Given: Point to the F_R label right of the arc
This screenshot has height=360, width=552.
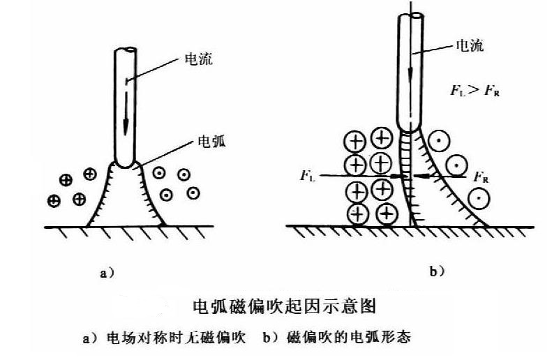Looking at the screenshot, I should click(479, 178).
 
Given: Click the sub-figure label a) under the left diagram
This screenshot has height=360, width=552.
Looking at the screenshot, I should click(106, 273).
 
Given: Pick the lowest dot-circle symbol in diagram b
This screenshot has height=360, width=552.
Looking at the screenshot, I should click(479, 198).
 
